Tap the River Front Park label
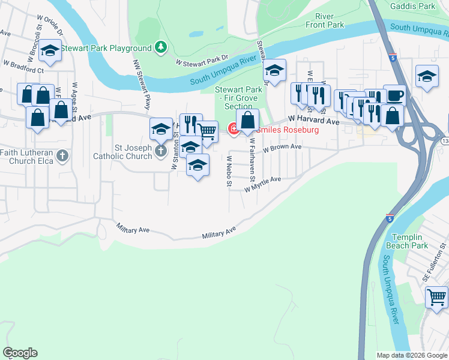pos(325,20)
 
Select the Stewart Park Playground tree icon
pos(161,47)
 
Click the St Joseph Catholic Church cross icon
pos(160,151)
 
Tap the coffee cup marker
pos(394,95)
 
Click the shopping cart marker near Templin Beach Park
pos(436,296)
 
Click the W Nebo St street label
pos(229,171)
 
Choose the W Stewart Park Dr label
pos(202,61)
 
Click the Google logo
pos(20,353)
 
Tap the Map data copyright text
pos(411,355)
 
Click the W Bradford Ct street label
pos(24,66)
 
